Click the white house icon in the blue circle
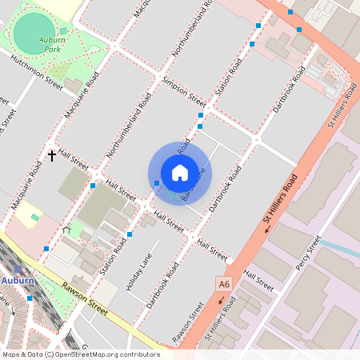(180, 173)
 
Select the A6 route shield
(224, 283)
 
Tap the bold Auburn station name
(17, 281)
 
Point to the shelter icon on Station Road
(66, 231)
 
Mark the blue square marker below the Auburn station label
(30, 298)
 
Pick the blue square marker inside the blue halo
(157, 183)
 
